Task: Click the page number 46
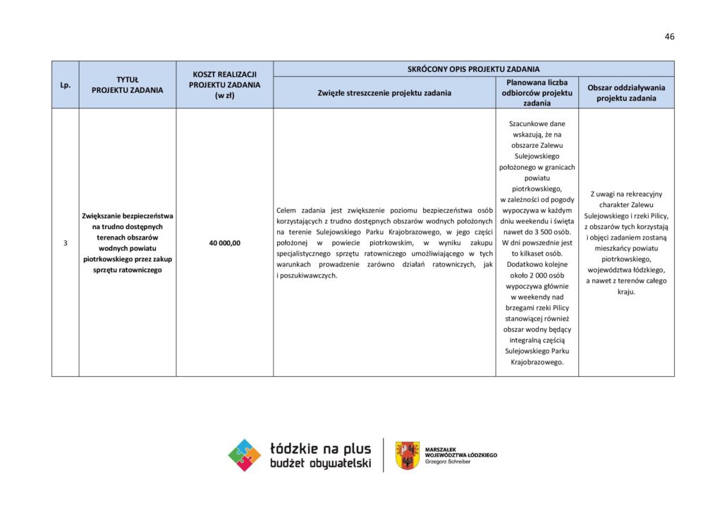point(669,37)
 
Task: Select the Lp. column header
point(65,85)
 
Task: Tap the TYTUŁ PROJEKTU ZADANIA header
point(128,85)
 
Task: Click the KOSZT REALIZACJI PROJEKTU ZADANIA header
point(225,85)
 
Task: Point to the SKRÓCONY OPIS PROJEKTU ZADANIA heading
point(473,69)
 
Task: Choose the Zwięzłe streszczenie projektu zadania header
point(384,92)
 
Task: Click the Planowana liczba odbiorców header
point(537,92)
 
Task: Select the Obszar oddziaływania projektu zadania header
point(626,92)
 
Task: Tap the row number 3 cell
point(65,243)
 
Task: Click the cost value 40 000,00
point(225,243)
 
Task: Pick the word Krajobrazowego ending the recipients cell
point(537,362)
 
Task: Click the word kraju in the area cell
point(626,292)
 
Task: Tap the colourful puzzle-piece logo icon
point(245,455)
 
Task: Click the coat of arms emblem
point(407,455)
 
